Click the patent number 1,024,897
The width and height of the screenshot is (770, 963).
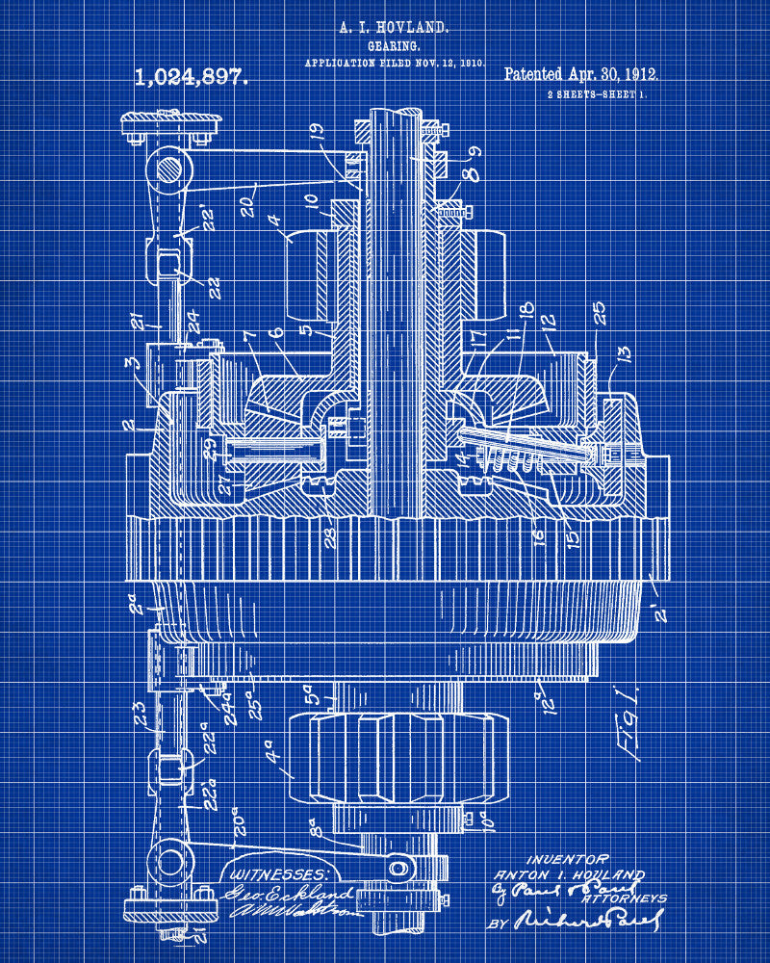point(192,77)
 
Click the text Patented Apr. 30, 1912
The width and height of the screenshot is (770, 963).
point(581,74)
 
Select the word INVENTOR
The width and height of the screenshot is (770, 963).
point(567,859)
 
